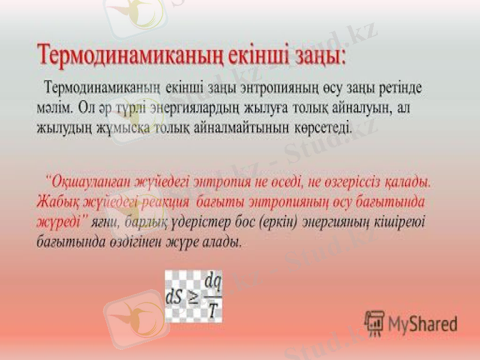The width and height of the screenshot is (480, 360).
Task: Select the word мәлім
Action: tap(56, 109)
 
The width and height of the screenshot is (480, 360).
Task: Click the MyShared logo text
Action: tap(422, 324)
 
